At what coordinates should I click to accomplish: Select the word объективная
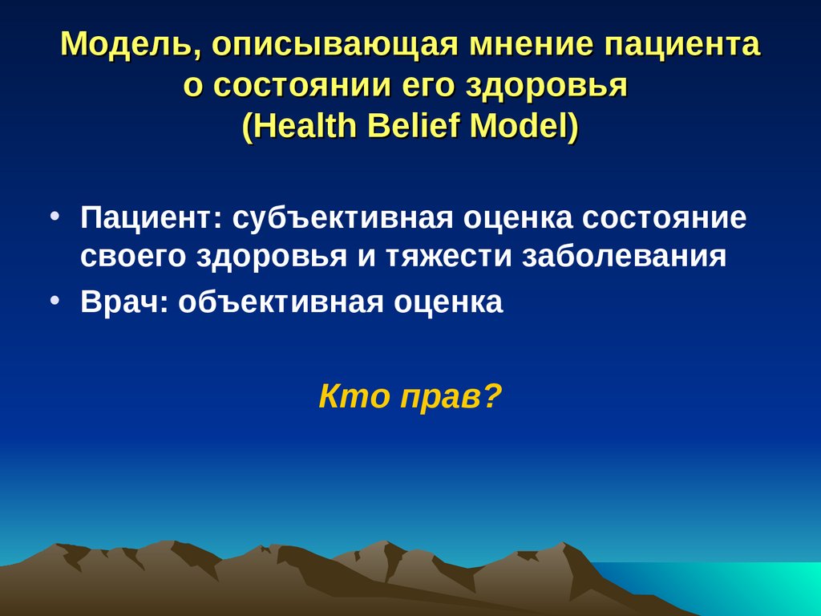click(282, 302)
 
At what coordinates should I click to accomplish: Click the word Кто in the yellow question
click(347, 396)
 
